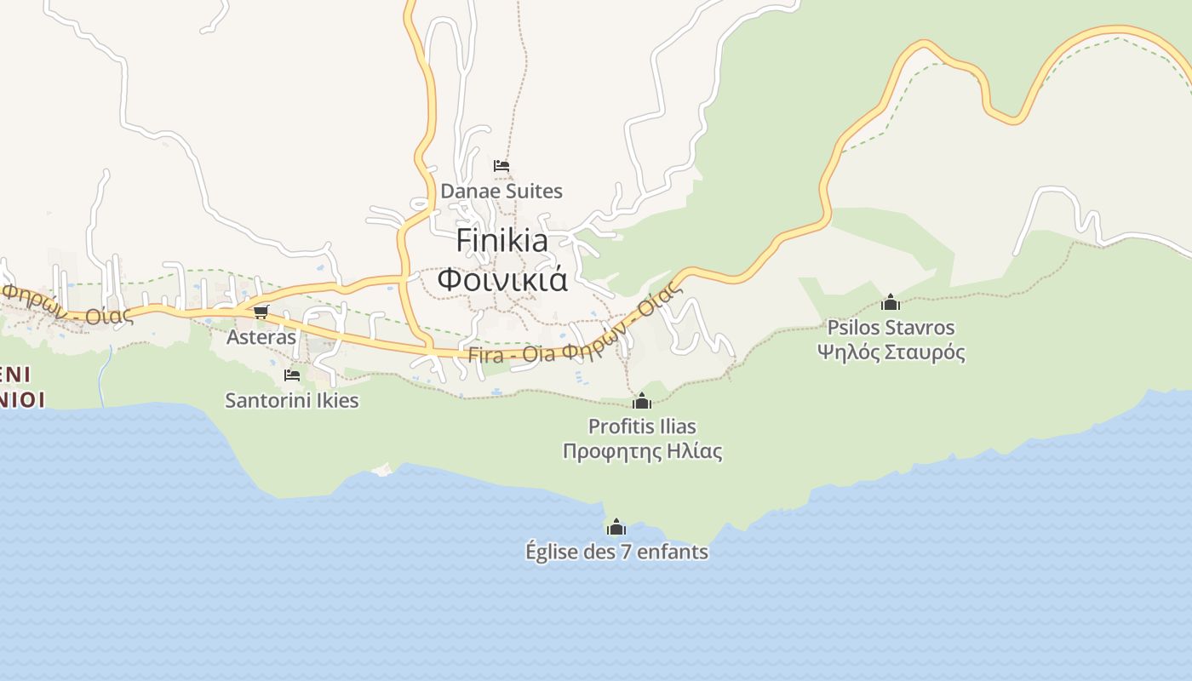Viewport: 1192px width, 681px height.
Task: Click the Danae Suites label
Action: (501, 191)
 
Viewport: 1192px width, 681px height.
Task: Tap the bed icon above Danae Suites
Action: (501, 165)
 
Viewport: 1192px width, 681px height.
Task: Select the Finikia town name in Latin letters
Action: (502, 240)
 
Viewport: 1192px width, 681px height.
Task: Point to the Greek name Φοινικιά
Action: (502, 279)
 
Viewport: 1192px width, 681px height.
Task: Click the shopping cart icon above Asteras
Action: (261, 312)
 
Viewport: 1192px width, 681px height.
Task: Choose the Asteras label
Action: (261, 337)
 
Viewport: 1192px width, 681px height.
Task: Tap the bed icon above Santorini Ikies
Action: (292, 375)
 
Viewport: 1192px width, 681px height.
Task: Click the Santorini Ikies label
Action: (292, 400)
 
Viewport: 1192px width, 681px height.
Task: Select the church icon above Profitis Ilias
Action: (642, 401)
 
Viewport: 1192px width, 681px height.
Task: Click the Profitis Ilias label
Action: (642, 426)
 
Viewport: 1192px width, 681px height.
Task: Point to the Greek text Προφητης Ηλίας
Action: (642, 451)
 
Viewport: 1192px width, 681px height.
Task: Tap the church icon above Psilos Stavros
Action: (891, 302)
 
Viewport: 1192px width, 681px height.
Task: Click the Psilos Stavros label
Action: (891, 328)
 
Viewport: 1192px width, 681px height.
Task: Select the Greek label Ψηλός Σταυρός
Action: (891, 352)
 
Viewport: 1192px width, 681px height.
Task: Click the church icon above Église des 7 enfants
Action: (616, 527)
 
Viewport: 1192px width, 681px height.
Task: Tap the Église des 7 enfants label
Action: (616, 552)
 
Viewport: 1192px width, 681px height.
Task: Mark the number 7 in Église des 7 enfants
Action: (625, 552)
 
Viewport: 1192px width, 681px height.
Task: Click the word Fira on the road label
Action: (486, 356)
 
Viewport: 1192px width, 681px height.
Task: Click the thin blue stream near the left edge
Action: (103, 375)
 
